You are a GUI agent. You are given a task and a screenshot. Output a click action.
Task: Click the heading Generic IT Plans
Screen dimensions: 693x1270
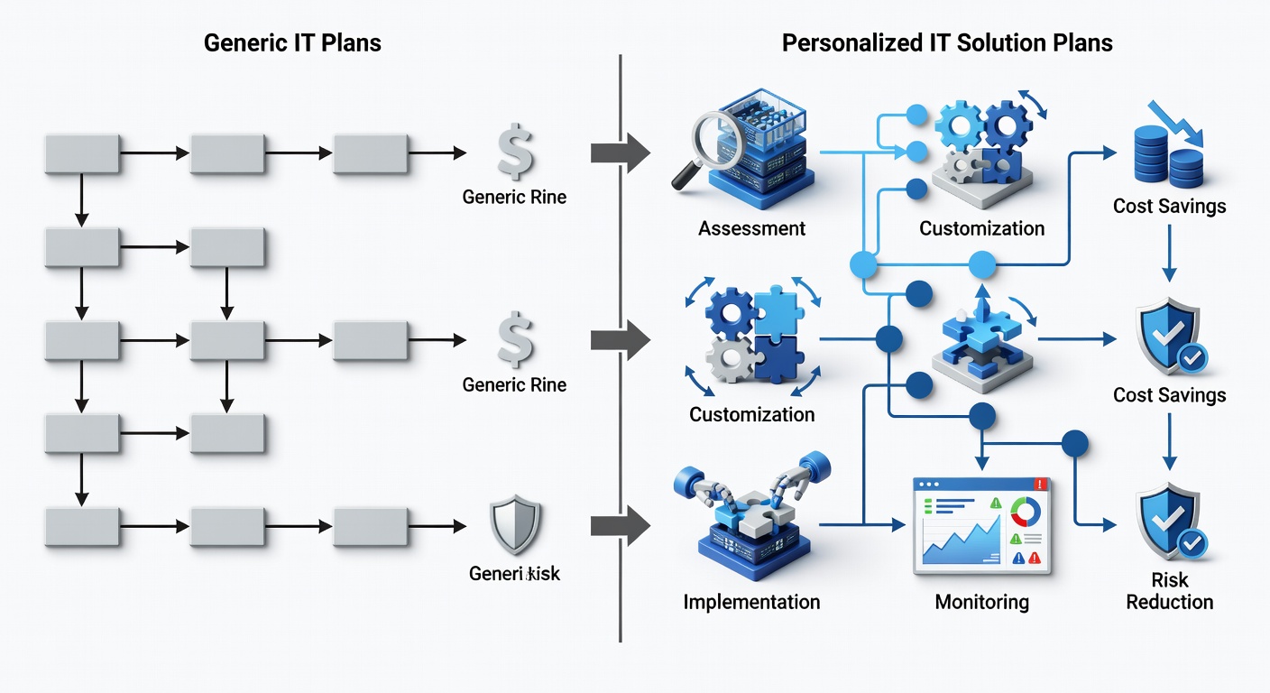292,42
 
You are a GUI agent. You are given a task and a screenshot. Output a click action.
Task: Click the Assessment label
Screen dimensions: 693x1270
751,228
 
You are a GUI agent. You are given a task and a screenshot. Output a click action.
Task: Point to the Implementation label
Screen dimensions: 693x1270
751,602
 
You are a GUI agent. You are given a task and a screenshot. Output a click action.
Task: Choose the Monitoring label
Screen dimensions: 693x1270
981,602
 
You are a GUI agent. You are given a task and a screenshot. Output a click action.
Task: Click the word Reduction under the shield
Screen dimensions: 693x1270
1169,602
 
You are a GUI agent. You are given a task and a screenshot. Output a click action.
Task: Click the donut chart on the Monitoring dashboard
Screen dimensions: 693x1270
1026,513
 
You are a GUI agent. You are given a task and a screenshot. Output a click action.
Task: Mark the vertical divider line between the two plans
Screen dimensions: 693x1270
621,361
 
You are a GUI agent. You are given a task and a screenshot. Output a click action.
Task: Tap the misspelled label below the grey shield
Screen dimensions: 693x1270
514,573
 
